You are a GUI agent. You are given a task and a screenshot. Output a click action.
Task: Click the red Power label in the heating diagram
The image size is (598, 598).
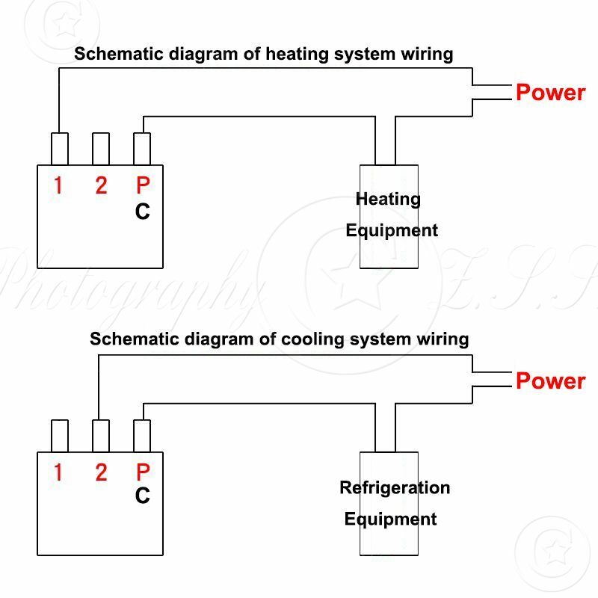point(550,93)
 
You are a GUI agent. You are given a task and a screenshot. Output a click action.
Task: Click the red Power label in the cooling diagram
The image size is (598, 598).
point(550,380)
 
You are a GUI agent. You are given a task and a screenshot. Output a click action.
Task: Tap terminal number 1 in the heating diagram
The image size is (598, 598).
point(58,185)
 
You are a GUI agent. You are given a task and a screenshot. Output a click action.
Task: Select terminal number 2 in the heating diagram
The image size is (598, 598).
point(101,185)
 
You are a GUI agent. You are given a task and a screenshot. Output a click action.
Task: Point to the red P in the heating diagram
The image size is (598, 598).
point(143,185)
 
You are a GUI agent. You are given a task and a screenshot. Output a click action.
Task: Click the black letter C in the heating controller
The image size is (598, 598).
point(143,212)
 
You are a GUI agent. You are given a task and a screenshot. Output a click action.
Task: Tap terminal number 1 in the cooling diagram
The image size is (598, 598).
point(58,472)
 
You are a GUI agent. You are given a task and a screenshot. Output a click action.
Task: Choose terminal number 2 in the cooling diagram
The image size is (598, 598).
point(101,472)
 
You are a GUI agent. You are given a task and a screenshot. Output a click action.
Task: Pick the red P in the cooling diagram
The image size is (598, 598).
point(143,472)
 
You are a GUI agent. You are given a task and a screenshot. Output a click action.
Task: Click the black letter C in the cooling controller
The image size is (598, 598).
point(143,496)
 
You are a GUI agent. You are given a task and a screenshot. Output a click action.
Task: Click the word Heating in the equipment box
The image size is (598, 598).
point(388,200)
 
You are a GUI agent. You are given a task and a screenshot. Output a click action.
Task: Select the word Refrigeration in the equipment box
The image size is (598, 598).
point(395,488)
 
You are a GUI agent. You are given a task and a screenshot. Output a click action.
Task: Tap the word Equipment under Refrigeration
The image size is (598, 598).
point(390,519)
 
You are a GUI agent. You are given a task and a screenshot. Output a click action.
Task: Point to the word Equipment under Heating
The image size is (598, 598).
point(391,230)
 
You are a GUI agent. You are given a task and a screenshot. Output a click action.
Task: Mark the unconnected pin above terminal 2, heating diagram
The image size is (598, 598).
point(101,149)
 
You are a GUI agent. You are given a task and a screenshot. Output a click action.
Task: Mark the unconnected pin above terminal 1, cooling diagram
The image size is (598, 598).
point(59,436)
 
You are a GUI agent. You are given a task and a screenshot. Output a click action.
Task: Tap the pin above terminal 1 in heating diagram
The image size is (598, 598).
point(59,149)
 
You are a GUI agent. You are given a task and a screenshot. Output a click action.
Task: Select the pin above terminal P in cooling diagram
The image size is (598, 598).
point(142,436)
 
